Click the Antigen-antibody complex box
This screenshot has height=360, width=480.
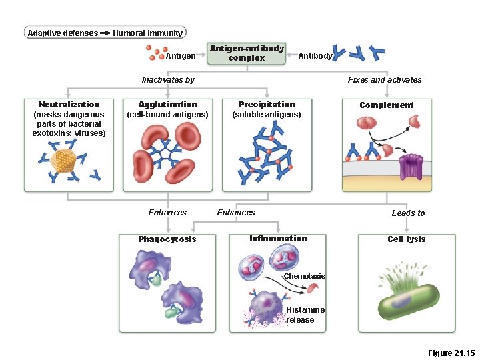pos(247,53)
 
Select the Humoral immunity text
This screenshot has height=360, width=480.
pos(147,33)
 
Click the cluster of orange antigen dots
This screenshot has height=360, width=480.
pos(157,53)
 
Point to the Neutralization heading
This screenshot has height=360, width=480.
pos(69,105)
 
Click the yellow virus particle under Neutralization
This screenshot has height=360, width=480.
pos(63,159)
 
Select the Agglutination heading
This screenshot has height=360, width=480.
pos(167,105)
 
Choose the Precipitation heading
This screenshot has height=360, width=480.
pos(267,105)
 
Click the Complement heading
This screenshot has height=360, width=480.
pos(386,105)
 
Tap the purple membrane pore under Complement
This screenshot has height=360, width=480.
pos(411,166)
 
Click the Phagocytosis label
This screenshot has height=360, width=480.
pos(167,239)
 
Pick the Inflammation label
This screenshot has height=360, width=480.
pos(278,239)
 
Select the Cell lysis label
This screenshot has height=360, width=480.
pos(407,239)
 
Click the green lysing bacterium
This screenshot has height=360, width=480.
pos(405,299)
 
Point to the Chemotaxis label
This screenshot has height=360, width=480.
pos(304,276)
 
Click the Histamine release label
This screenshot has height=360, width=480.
pos(305,315)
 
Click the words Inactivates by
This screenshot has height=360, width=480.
pos(168,80)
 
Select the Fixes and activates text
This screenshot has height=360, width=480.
pos(385,80)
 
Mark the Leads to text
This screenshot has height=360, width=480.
pos(408,213)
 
